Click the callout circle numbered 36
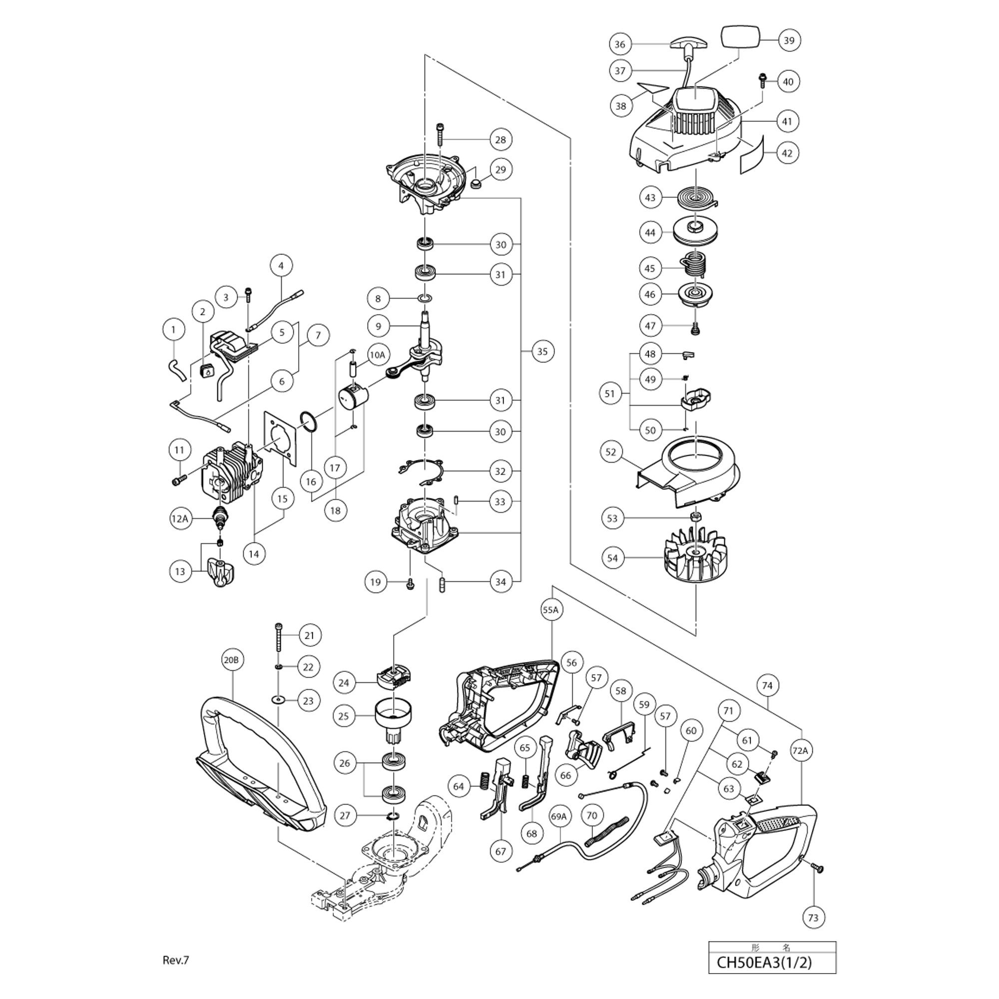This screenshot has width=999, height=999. [x=620, y=44]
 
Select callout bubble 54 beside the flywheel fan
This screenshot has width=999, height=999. [x=612, y=558]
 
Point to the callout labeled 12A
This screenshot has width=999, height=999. [x=179, y=518]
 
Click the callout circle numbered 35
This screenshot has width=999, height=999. [x=542, y=352]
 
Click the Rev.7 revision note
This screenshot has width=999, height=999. [x=176, y=960]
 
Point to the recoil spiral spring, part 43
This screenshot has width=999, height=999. [x=696, y=196]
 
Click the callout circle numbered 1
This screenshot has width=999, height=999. [x=173, y=329]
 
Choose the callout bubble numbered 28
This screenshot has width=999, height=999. [x=500, y=140]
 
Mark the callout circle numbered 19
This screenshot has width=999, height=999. [x=376, y=582]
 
